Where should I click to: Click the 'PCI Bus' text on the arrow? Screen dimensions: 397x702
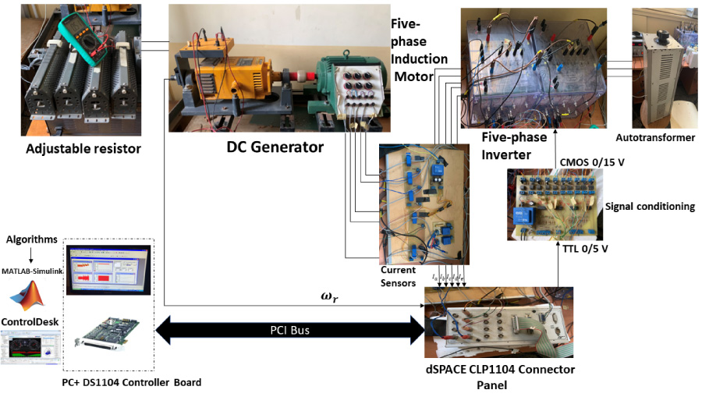[x=289, y=330]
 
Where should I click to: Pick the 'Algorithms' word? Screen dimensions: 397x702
[x=31, y=239]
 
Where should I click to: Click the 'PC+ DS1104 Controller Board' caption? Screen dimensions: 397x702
[x=131, y=382]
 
